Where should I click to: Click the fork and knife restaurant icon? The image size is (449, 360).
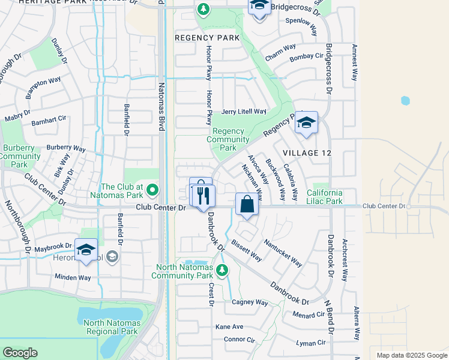(x=203, y=196)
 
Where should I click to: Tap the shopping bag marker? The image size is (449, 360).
(x=247, y=205)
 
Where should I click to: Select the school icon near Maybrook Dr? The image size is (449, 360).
(x=86, y=250)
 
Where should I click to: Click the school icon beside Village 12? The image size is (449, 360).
(x=306, y=123)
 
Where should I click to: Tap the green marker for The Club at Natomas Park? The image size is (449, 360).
(x=152, y=191)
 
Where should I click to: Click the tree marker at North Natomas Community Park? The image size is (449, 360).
(x=222, y=271)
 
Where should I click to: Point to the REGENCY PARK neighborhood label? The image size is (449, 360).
(x=207, y=37)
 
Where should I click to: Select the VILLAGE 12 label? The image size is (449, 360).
(x=309, y=153)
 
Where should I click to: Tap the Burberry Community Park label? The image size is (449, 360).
(x=20, y=156)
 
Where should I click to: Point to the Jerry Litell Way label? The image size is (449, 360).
(x=244, y=112)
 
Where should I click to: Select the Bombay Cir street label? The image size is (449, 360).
(x=306, y=56)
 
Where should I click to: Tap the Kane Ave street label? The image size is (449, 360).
(x=229, y=326)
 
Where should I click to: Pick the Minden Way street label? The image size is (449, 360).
(x=73, y=277)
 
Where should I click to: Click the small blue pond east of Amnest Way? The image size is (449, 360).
(x=405, y=101)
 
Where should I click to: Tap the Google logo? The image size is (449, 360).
(x=20, y=352)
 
